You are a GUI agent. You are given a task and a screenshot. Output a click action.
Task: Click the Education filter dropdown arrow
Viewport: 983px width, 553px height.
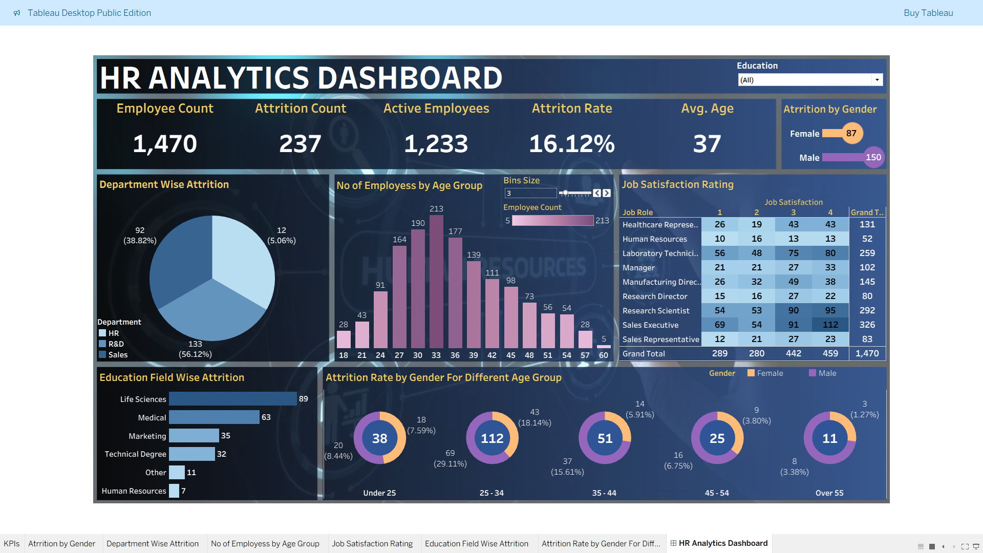point(877,80)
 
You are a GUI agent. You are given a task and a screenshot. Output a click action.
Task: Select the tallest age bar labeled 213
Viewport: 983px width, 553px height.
point(436,282)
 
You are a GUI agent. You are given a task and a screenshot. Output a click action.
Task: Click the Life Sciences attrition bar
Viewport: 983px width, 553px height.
point(232,399)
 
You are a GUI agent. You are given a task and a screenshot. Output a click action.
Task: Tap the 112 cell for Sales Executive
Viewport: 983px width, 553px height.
point(830,325)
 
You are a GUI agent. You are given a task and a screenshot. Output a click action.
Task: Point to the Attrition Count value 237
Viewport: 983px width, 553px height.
point(300,144)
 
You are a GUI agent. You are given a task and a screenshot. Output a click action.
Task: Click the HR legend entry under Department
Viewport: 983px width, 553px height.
point(113,333)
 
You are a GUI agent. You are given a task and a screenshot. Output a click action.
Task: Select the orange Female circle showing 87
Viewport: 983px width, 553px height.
point(851,133)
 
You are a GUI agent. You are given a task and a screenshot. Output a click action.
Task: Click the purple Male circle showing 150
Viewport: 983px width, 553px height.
point(873,157)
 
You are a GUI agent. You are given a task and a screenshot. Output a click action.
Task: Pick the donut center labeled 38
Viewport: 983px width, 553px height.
point(379,438)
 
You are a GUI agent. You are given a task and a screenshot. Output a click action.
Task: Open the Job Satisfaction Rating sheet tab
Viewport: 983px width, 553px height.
point(372,544)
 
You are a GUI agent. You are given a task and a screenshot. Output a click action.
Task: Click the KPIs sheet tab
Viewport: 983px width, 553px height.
point(11,544)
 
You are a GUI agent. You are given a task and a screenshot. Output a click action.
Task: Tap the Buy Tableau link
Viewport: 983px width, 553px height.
point(928,13)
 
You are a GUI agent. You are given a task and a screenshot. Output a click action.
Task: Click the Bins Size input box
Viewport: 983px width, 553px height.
point(530,193)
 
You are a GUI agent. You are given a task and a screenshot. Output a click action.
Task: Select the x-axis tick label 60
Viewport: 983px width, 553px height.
point(603,355)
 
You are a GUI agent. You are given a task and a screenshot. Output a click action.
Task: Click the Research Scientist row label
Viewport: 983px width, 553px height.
point(655,311)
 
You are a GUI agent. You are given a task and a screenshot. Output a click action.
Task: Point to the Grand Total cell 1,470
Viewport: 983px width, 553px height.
point(867,353)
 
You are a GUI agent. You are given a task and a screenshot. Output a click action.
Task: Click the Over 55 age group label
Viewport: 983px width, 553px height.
point(829,493)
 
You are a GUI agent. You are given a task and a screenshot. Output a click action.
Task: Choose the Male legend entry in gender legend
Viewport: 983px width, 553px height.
point(826,373)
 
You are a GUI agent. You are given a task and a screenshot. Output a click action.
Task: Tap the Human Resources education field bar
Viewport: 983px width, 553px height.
point(174,491)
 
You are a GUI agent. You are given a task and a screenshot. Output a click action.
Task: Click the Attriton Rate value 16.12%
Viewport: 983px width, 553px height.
point(571,144)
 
